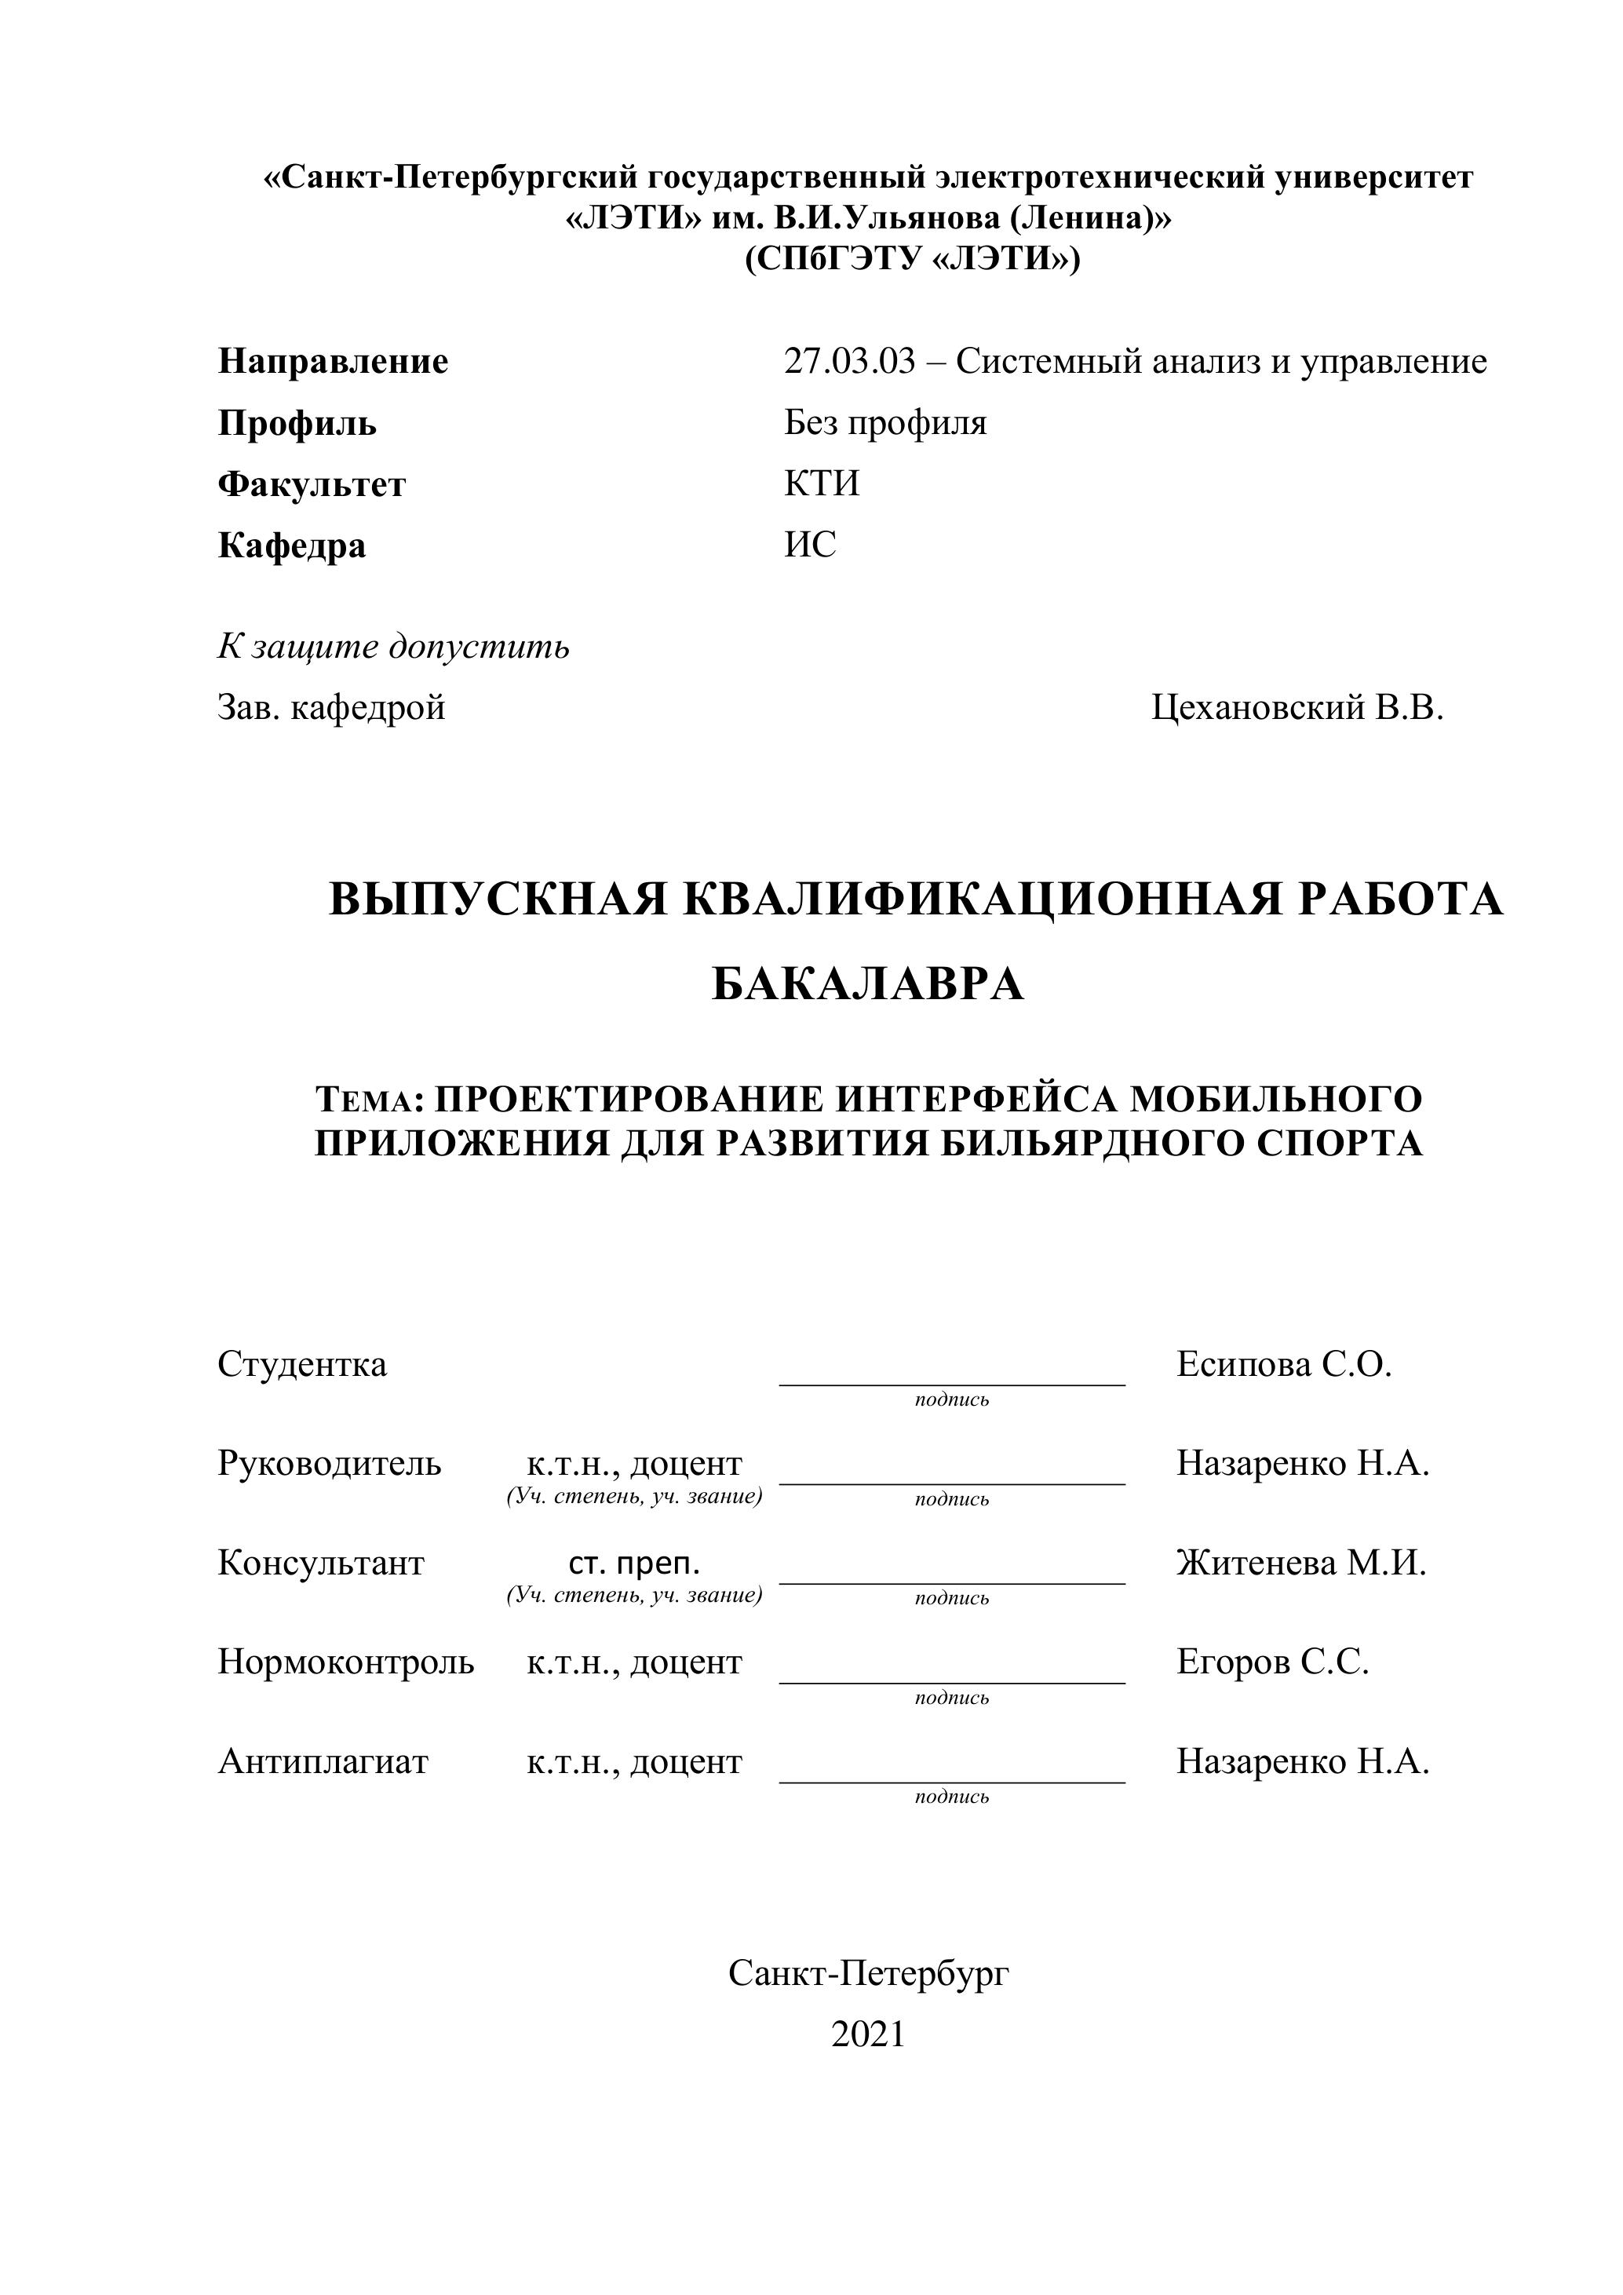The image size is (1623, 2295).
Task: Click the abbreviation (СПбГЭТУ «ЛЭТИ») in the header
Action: [x=911, y=259]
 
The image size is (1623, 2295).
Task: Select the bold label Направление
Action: [x=333, y=362]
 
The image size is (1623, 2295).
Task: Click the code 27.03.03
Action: [x=848, y=362]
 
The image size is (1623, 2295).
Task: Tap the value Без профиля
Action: [x=884, y=423]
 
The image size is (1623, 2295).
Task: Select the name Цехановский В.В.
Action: [x=1297, y=708]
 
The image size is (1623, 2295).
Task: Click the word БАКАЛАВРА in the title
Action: [x=867, y=984]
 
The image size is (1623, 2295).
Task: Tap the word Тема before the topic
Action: [x=365, y=1100]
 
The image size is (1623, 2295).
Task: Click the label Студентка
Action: [x=302, y=1364]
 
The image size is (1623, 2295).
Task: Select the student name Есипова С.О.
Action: [x=1283, y=1364]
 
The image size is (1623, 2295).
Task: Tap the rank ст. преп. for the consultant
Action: [x=635, y=1563]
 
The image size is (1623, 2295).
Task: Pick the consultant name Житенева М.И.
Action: [x=1301, y=1563]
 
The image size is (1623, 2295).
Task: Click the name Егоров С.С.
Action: [x=1272, y=1662]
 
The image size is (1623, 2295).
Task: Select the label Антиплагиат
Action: [x=323, y=1761]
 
